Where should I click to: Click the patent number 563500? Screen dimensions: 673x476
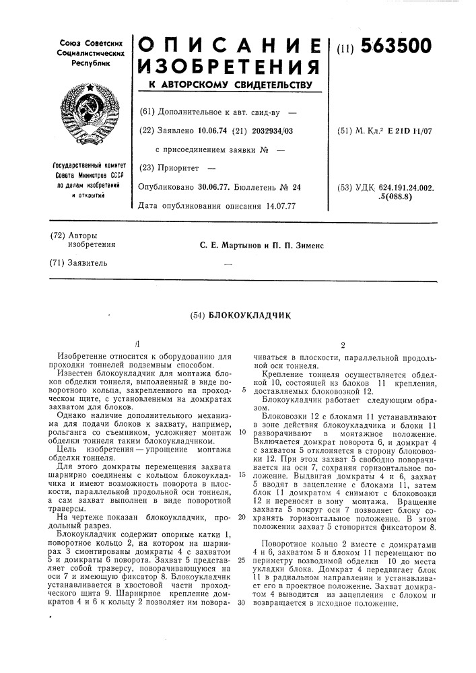coord(397,46)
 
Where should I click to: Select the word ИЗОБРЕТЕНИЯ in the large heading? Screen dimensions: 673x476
coord(227,67)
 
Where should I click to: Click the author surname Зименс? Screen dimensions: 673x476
coord(306,245)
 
